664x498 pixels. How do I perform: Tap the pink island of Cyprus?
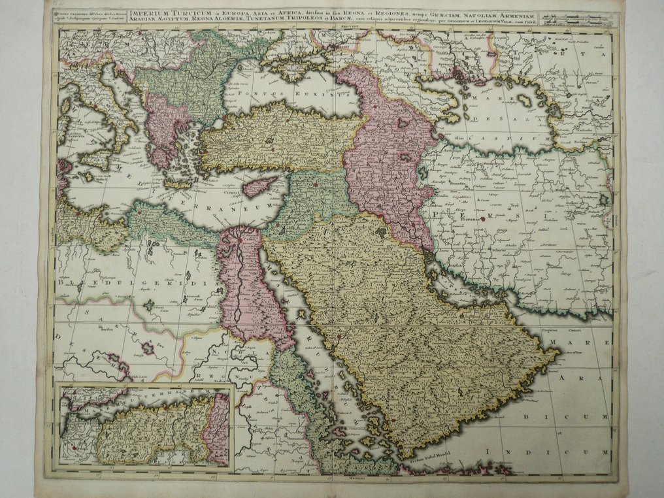point(261,187)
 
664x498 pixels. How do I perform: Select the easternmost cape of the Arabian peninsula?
point(557,354)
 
